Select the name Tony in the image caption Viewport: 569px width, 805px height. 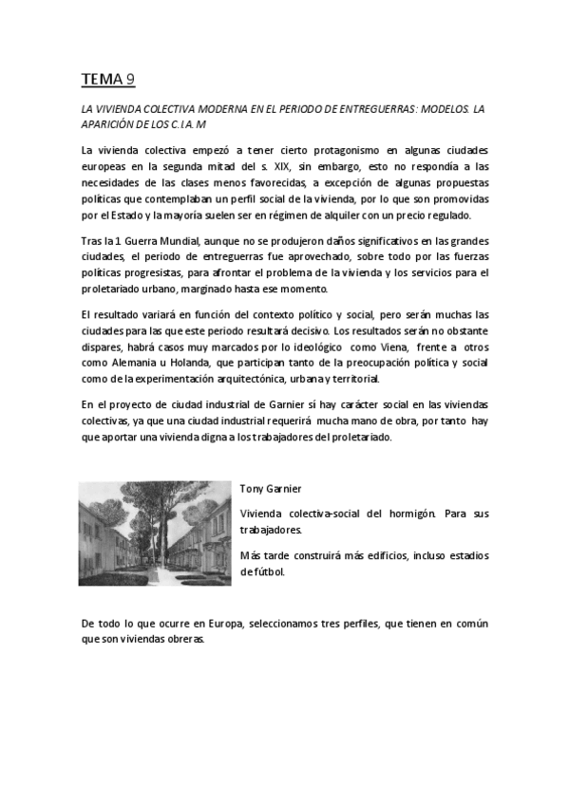251,488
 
